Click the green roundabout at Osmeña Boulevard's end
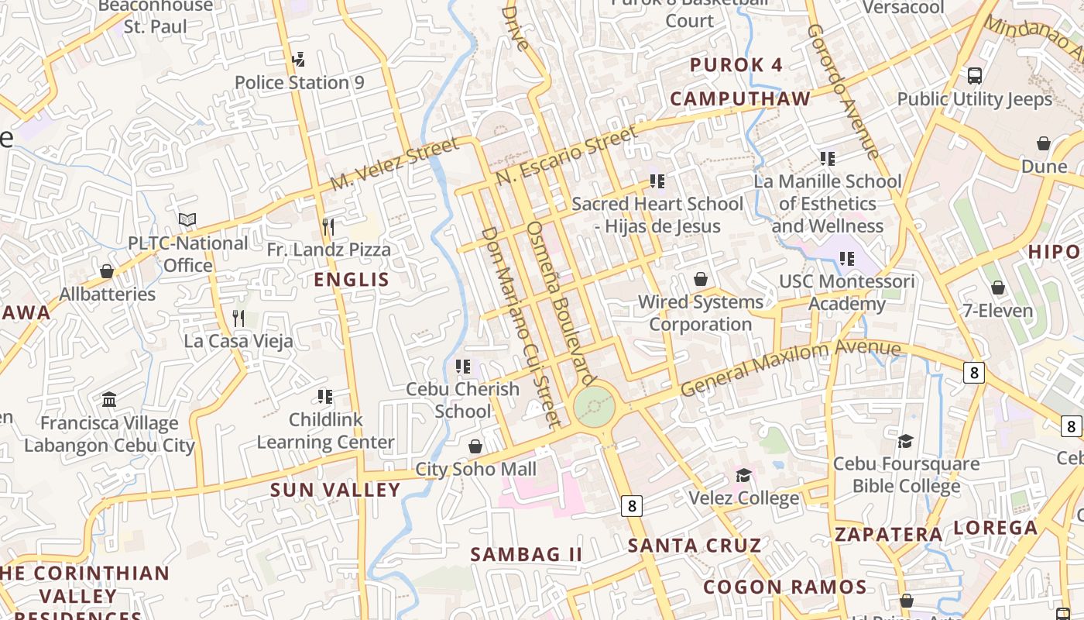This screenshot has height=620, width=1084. pos(595,405)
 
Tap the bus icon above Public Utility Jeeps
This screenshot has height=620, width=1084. pos(975,76)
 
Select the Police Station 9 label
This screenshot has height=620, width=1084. pos(299,82)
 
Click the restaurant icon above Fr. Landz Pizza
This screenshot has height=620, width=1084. pos(328,227)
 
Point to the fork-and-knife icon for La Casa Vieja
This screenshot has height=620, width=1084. pos(238,318)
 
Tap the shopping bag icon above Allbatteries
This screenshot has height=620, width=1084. pos(107,271)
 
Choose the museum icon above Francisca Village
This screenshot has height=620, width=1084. pos(109,400)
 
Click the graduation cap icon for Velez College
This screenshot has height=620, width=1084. pos(743,475)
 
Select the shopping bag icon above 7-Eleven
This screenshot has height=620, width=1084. pos(997,288)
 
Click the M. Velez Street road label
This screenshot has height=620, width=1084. pos(394,164)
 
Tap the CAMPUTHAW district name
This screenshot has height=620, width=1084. pos(739,98)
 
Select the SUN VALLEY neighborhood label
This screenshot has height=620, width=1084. pos(335,490)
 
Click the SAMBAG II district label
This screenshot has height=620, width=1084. pos(526,554)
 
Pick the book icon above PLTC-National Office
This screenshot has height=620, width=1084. pos(187,220)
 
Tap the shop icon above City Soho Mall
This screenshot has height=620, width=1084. pos(475,447)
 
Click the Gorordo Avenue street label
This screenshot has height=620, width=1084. pos(843,91)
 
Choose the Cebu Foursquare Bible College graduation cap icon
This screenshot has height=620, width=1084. pos(905,441)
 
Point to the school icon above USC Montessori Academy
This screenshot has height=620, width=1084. pos(846,258)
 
